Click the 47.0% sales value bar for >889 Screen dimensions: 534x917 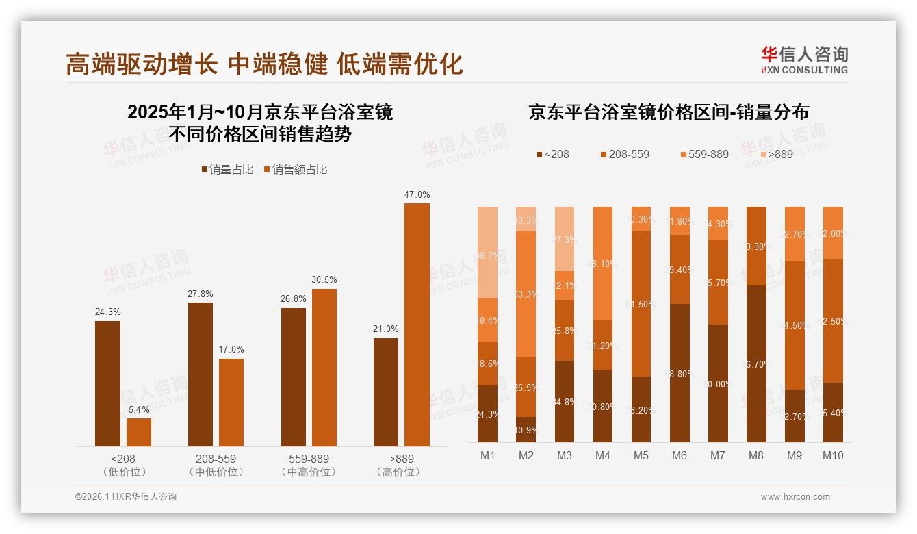(417, 325)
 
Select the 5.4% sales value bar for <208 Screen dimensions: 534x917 (139, 432)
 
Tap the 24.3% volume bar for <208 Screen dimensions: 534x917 (107, 383)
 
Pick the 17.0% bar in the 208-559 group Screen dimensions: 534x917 (231, 403)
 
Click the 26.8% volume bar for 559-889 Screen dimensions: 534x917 (294, 377)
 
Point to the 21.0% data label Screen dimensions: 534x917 (386, 329)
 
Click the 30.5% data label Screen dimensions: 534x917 (324, 280)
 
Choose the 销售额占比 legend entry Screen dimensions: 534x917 (296, 170)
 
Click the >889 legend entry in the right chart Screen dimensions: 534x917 (775, 154)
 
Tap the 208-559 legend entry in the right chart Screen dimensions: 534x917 (623, 154)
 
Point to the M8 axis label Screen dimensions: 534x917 (756, 455)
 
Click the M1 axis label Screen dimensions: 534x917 (487, 455)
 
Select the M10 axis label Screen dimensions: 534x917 (833, 455)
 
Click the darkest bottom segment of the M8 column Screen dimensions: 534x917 (756, 363)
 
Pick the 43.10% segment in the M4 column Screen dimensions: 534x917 (603, 264)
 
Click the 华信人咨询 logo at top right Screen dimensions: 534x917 (804, 60)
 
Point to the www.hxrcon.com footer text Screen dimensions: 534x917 (795, 497)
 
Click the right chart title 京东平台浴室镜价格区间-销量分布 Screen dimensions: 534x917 (668, 112)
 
